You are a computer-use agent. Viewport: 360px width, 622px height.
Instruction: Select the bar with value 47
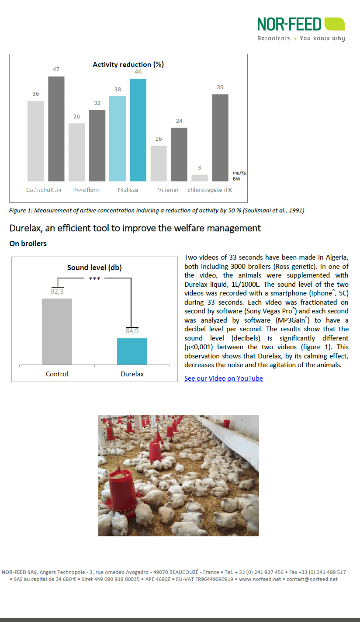56,129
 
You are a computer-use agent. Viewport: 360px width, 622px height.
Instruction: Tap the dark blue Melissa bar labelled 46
138,130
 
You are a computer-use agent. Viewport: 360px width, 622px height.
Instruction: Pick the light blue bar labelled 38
118,139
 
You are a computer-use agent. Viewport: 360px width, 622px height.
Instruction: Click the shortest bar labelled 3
200,178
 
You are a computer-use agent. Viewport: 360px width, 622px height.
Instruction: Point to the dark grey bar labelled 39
220,138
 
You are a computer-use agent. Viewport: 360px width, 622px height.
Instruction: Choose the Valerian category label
169,190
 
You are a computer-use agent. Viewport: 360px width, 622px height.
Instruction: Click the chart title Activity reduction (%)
128,65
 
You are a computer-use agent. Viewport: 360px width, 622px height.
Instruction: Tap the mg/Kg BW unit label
239,176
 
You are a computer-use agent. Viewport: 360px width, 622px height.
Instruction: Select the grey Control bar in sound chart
57,331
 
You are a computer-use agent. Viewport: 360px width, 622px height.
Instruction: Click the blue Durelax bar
132,351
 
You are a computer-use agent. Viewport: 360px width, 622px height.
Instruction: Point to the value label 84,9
132,330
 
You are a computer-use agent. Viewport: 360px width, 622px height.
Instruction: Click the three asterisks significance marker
94,278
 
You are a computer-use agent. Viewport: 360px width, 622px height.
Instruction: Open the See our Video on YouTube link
223,379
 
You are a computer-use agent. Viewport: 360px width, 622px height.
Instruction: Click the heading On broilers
28,243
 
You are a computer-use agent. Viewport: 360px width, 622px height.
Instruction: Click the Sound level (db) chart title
94,268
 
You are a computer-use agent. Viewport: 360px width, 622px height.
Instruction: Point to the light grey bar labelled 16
159,163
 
